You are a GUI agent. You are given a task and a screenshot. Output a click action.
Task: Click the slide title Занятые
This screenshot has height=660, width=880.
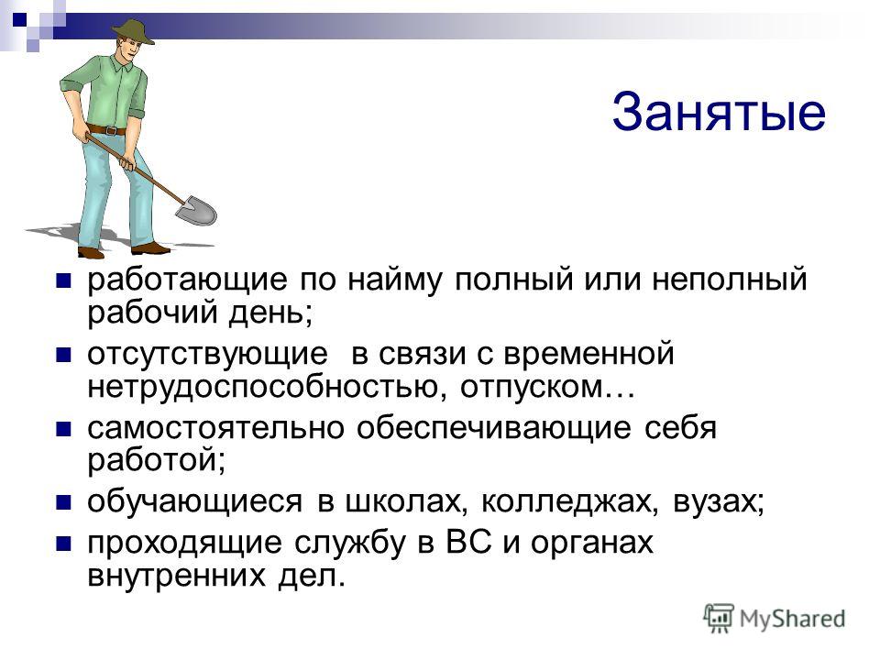(719, 113)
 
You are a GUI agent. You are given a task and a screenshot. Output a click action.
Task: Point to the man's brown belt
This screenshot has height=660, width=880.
(106, 130)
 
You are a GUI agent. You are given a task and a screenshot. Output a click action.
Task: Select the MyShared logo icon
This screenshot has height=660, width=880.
(719, 618)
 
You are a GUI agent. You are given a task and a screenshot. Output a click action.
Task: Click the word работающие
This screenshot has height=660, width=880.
(187, 280)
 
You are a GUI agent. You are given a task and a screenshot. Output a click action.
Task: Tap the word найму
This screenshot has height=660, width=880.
(394, 280)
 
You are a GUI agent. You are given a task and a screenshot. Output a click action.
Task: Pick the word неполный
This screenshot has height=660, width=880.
(729, 279)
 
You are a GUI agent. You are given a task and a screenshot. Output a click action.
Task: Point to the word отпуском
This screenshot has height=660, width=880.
(532, 387)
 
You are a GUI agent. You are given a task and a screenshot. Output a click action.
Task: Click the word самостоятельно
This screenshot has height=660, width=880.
(215, 428)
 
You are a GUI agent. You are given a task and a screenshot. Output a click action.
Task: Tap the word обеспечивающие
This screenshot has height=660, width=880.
(494, 429)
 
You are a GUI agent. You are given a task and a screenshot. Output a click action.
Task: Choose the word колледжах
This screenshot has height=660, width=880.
(569, 501)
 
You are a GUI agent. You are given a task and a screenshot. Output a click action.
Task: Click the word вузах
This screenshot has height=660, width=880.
(719, 501)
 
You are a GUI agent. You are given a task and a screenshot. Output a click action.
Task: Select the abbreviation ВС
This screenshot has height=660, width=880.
(469, 542)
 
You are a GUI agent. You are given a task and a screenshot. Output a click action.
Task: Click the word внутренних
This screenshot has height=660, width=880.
(176, 576)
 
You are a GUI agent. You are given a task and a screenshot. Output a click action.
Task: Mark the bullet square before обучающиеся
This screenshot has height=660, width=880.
(64, 501)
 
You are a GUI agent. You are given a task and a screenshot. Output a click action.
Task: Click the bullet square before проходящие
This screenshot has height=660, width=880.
(64, 544)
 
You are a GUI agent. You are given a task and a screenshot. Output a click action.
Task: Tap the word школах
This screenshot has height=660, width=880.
(406, 501)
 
